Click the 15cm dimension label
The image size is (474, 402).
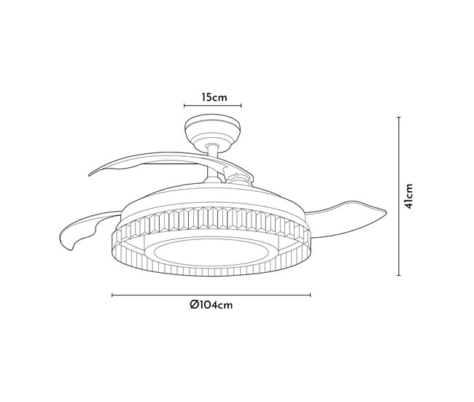point(214,98)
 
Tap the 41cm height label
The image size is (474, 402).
point(408,196)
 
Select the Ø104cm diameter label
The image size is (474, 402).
point(211,305)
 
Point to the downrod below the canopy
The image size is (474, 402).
point(212,163)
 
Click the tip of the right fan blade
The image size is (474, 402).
point(386,211)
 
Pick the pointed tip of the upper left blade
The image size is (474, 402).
point(90,175)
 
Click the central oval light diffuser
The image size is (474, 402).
point(211,252)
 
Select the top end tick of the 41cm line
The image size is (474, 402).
point(399,117)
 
